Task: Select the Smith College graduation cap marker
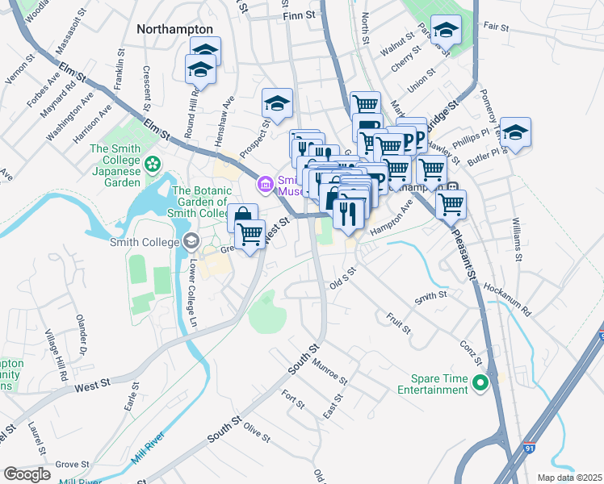(x=191, y=240)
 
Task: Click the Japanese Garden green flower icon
(x=153, y=165)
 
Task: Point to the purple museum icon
(x=264, y=186)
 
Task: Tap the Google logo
(x=27, y=474)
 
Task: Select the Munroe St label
(x=330, y=372)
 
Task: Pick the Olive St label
(x=256, y=432)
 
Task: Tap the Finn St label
(x=296, y=15)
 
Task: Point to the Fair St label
(x=496, y=27)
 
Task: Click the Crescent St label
(x=147, y=88)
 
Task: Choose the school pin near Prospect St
(x=276, y=103)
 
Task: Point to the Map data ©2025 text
(x=568, y=478)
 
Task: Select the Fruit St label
(x=399, y=323)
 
